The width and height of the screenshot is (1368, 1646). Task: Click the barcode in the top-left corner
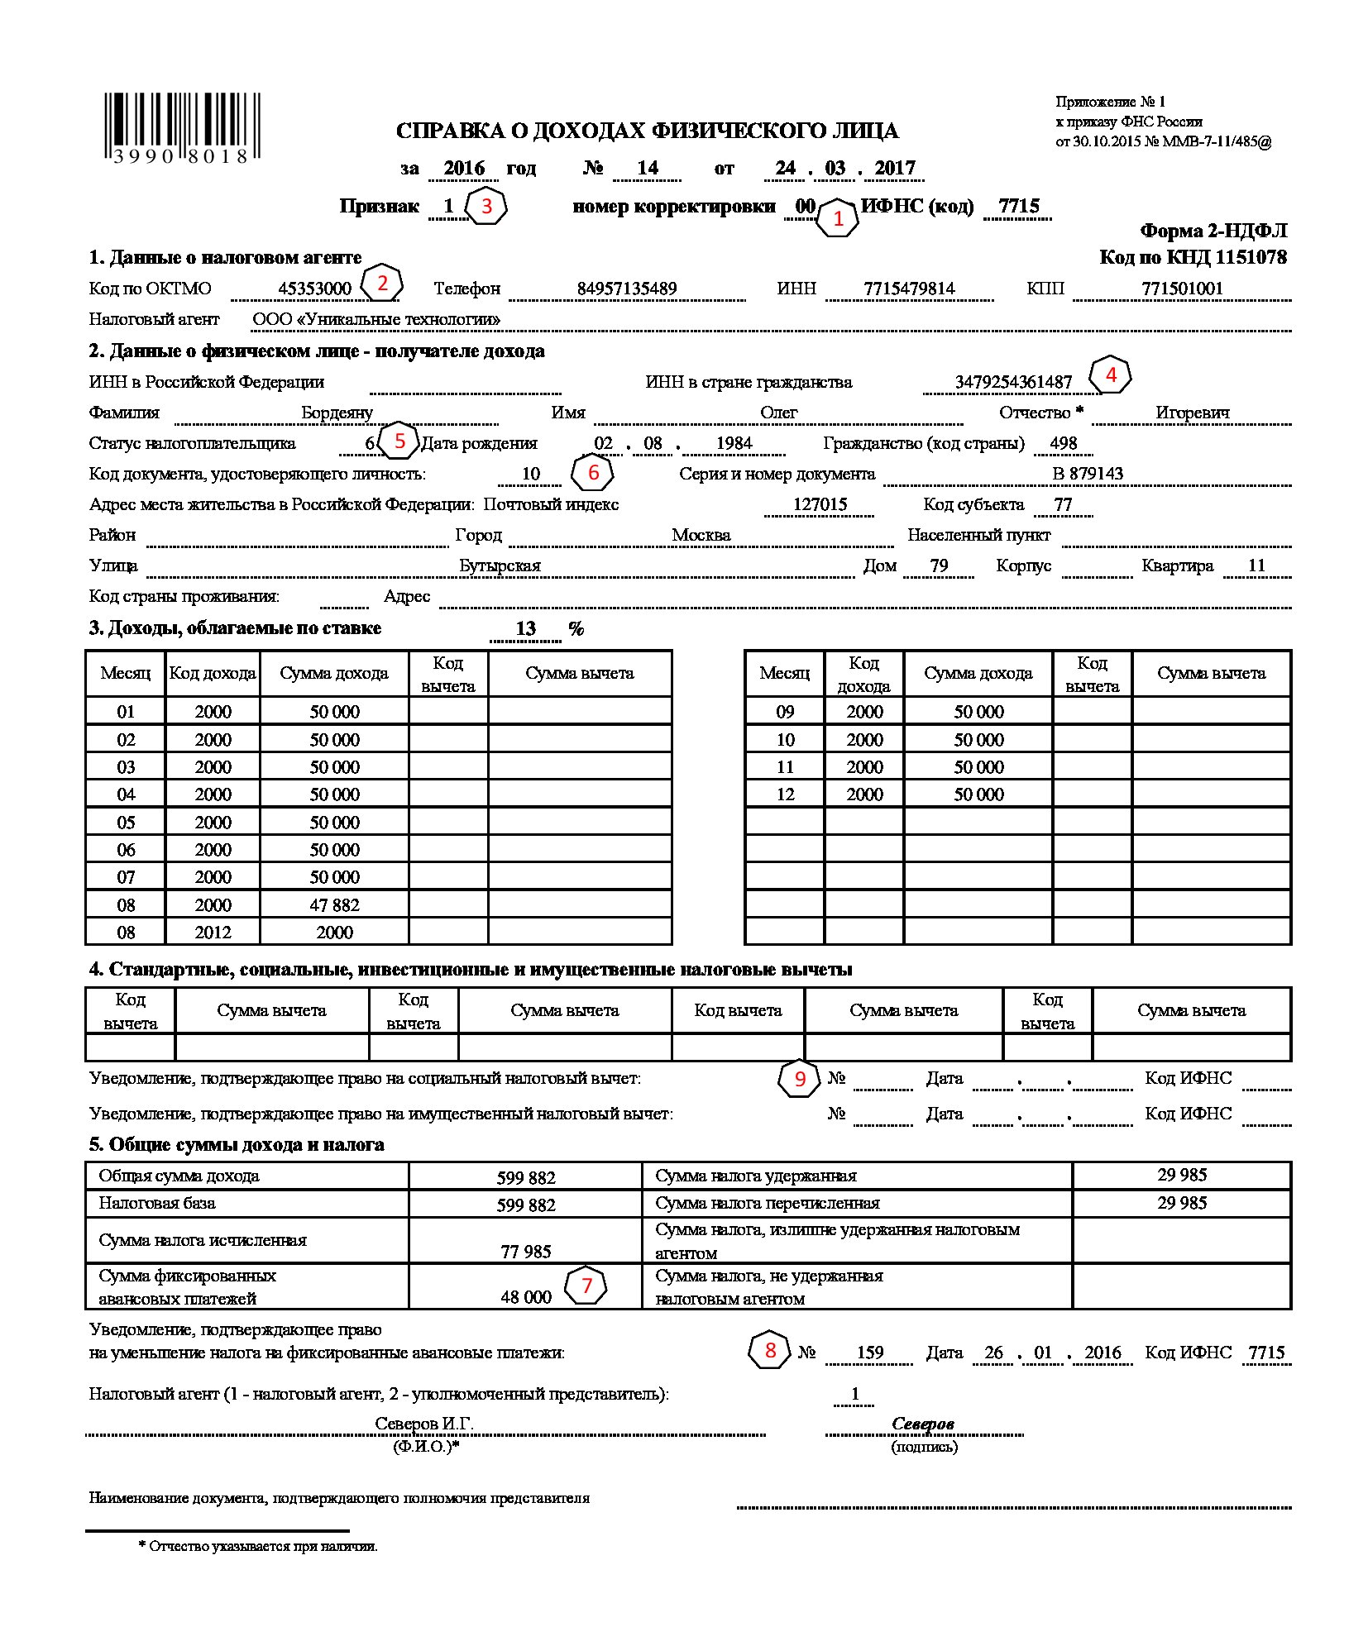[181, 128]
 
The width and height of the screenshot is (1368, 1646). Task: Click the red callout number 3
[486, 206]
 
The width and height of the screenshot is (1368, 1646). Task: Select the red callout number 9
[799, 1079]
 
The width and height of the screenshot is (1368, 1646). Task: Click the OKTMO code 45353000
[314, 289]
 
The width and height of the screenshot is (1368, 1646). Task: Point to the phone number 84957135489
[627, 289]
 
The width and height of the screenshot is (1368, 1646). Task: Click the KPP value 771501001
[1182, 289]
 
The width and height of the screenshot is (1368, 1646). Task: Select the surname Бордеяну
[337, 413]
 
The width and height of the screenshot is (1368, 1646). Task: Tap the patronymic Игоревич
[1192, 413]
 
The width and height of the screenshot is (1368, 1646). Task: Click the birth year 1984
[734, 443]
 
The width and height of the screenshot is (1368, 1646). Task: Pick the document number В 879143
[1088, 474]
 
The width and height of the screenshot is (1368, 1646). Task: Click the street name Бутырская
[500, 565]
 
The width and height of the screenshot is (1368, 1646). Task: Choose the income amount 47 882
[334, 904]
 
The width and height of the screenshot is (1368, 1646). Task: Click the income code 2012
[213, 932]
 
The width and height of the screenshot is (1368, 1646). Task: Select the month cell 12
[785, 794]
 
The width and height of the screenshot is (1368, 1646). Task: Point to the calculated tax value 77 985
[525, 1252]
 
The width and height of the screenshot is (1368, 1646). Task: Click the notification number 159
[870, 1353]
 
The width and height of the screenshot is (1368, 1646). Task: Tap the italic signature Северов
[923, 1424]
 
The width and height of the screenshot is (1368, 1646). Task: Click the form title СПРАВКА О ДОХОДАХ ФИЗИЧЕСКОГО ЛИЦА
[647, 131]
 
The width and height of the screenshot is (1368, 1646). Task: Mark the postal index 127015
[820, 504]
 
